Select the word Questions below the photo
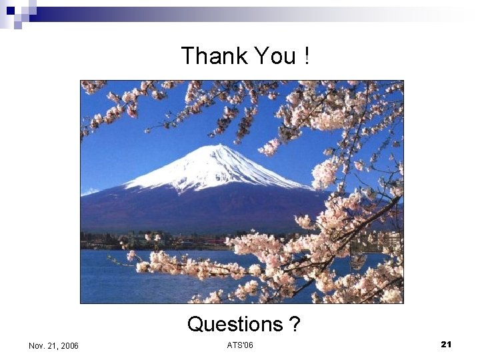tap(235, 324)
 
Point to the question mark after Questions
tap(294, 324)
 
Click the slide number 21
tap(446, 344)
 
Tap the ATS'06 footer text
tap(240, 345)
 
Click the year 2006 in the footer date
tap(69, 345)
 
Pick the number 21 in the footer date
tap(52, 345)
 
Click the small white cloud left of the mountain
tap(89, 192)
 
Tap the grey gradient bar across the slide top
tap(267, 14)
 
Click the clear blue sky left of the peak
tap(133, 147)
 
